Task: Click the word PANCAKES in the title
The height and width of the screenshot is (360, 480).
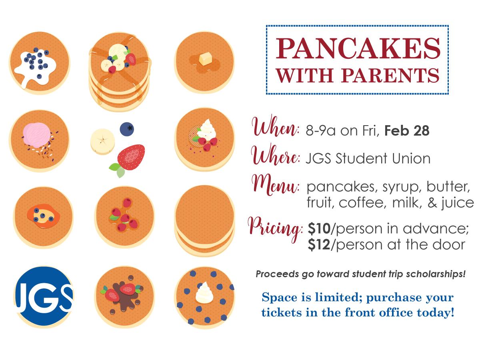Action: pyautogui.click(x=358, y=48)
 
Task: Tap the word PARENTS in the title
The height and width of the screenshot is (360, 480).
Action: pyautogui.click(x=390, y=76)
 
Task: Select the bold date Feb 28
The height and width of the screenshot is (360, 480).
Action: pyautogui.click(x=407, y=130)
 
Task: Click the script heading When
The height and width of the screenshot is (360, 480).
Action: pyautogui.click(x=275, y=126)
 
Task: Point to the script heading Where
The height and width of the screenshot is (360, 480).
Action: pyautogui.click(x=276, y=155)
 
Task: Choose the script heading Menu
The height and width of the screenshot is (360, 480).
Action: pyautogui.click(x=275, y=185)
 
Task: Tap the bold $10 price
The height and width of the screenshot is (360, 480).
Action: pyautogui.click(x=319, y=229)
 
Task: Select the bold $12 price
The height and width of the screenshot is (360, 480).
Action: pyautogui.click(x=319, y=244)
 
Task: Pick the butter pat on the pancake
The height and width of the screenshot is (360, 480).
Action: pyautogui.click(x=205, y=58)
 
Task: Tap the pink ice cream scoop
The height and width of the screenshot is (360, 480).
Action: pyautogui.click(x=36, y=135)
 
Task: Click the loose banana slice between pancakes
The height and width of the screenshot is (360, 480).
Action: pyautogui.click(x=102, y=142)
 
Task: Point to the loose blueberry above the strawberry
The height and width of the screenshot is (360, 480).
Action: pyautogui.click(x=127, y=129)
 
